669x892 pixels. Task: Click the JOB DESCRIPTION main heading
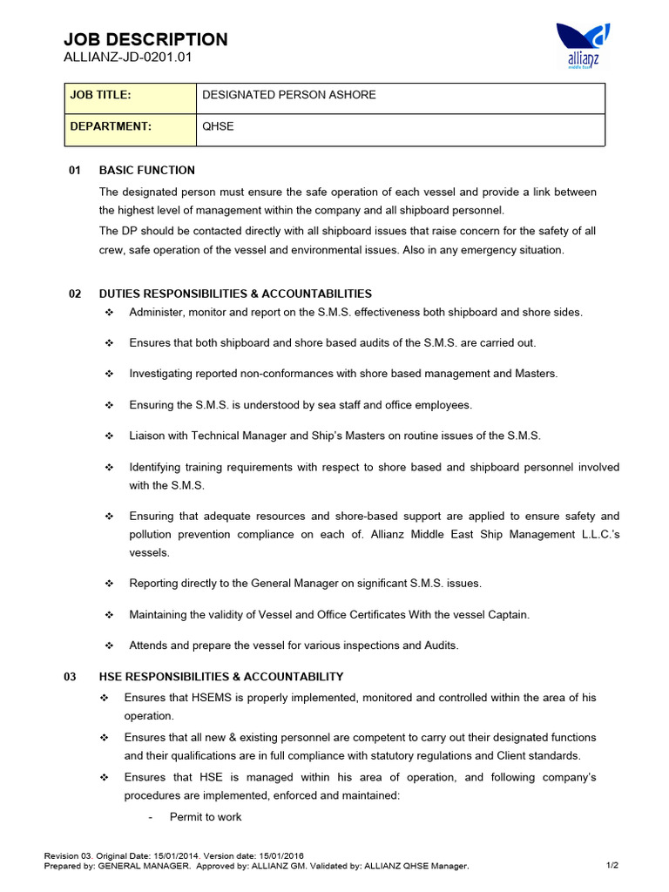tap(146, 39)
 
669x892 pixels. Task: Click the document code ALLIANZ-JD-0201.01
tap(127, 57)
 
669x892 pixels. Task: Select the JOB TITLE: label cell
tap(131, 95)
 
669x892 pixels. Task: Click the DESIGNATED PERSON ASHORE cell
tap(288, 95)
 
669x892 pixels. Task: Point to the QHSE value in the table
tap(218, 126)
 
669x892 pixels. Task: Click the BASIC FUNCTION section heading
tap(147, 170)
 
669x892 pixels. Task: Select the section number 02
tap(75, 294)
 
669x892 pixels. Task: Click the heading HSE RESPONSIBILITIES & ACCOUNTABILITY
tap(221, 677)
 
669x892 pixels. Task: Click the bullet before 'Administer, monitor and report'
tap(109, 313)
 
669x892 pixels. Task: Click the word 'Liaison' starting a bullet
tap(149, 436)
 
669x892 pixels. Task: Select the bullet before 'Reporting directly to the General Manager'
tap(109, 584)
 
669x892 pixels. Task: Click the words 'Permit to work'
tap(206, 817)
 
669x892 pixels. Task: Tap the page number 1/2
tap(612, 866)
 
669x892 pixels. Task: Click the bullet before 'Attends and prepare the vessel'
tap(109, 645)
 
